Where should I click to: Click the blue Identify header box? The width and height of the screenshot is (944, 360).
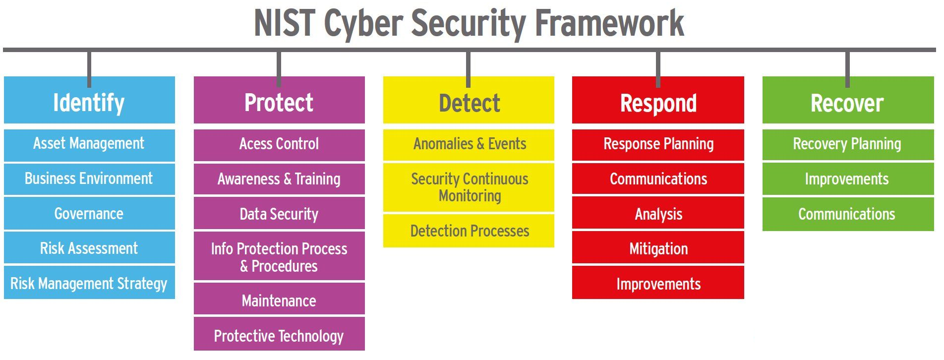coord(89,100)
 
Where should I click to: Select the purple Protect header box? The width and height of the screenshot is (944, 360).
coord(279,100)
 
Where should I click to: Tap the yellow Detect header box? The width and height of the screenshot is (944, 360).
coord(469,100)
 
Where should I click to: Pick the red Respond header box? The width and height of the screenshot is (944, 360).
coord(658,100)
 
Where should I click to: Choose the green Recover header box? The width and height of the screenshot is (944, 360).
coord(848,100)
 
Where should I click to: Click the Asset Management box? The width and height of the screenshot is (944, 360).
coord(89,145)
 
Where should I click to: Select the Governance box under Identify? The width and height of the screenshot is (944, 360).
coord(89,213)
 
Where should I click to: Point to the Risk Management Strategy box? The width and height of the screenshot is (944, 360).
coord(89,283)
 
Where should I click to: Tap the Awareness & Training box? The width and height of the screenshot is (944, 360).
coord(279,179)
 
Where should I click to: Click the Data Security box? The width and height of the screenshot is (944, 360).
coord(279,213)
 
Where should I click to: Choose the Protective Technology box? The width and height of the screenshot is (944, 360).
coord(279,334)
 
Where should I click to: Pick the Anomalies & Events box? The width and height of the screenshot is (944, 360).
coord(469,145)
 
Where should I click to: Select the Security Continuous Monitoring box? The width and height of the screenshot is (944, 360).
coord(469,187)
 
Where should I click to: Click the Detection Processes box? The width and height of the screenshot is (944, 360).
coord(469,231)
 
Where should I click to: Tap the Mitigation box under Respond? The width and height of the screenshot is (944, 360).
coord(658,247)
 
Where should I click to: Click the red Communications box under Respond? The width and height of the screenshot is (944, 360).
coord(658,179)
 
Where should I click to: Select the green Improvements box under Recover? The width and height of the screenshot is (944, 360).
coord(848,179)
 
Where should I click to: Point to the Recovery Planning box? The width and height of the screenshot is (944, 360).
coord(848,145)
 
